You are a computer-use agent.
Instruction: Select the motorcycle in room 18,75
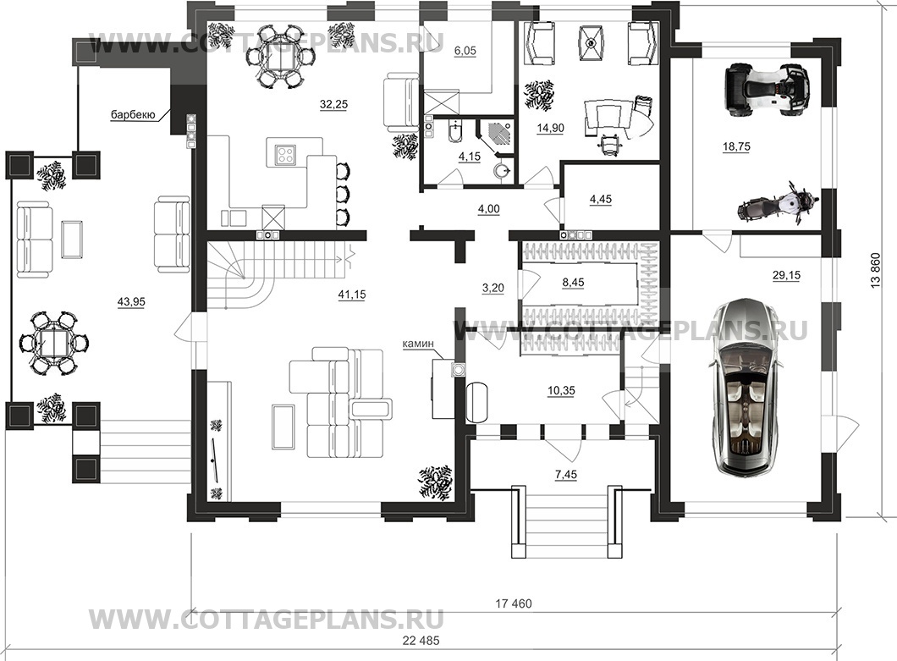(778, 203)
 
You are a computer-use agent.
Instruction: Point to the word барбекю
(133, 115)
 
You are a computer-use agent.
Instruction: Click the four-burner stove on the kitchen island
(286, 154)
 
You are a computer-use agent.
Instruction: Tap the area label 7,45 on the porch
(565, 476)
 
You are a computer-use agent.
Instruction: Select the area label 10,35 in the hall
(560, 390)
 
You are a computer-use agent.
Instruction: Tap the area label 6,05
(465, 51)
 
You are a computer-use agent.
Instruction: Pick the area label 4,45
(599, 200)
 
